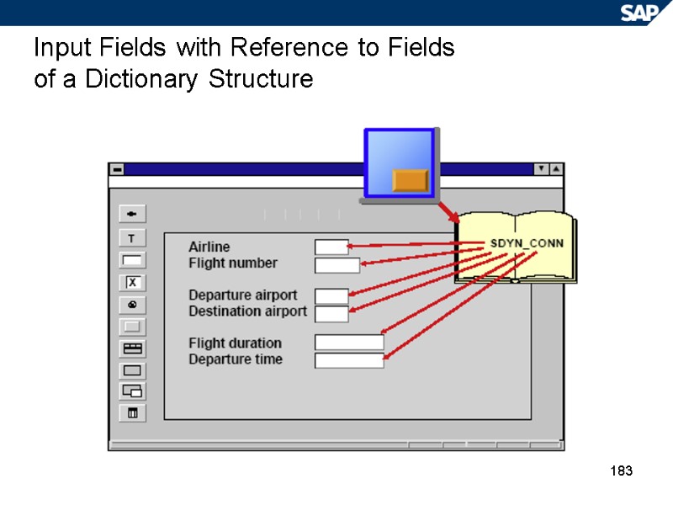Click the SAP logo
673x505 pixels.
coord(644,12)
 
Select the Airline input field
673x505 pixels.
coord(331,247)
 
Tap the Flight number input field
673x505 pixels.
coord(336,265)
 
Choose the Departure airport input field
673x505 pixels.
coord(331,296)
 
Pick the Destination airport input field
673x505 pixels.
coord(331,314)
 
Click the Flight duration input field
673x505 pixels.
coord(349,343)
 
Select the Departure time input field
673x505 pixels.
coord(349,360)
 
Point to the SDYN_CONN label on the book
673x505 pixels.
coord(527,244)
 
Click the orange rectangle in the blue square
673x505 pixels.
coord(411,179)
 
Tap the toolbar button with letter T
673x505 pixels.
coord(132,238)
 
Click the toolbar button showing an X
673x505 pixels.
coord(132,282)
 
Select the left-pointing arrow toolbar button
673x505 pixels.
coord(132,212)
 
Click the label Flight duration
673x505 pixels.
coord(235,343)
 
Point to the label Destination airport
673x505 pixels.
coord(247,311)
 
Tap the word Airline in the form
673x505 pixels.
coord(209,247)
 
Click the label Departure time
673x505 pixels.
coord(235,359)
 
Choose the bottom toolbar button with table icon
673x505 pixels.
coord(132,413)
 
